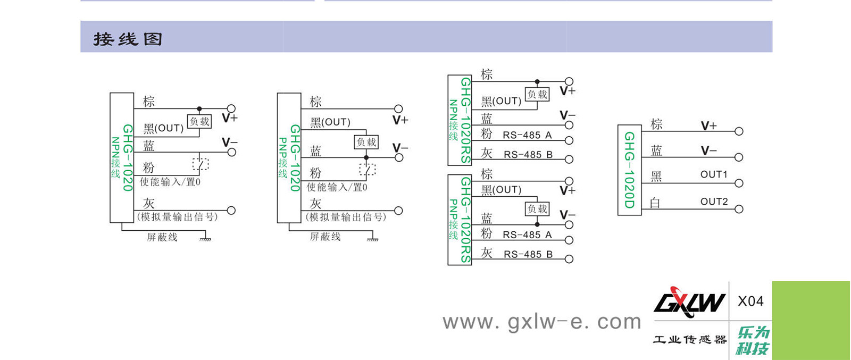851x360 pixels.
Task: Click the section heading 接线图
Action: click(128, 39)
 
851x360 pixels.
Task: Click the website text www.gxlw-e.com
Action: click(541, 322)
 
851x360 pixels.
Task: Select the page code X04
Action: click(750, 302)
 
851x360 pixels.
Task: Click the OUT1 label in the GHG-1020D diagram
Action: click(714, 174)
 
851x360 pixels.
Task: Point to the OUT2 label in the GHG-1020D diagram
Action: click(714, 202)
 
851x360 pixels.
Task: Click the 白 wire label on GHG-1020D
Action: click(655, 203)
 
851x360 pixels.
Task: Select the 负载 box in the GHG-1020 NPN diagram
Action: click(199, 121)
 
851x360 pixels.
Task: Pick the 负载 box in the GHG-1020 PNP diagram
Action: click(366, 142)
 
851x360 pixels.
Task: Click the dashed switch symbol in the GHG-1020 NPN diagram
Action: click(201, 164)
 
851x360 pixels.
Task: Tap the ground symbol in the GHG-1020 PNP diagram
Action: click(372, 239)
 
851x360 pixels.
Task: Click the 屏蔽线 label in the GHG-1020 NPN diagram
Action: click(162, 237)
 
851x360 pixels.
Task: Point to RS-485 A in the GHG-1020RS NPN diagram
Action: click(527, 135)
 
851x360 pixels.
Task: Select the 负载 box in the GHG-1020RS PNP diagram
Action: click(537, 209)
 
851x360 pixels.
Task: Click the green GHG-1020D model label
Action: click(629, 170)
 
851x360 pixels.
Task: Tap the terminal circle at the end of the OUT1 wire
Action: click(739, 183)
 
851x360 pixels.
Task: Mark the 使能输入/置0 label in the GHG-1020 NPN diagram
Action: click(170, 182)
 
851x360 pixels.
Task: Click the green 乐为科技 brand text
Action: click(753, 340)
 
